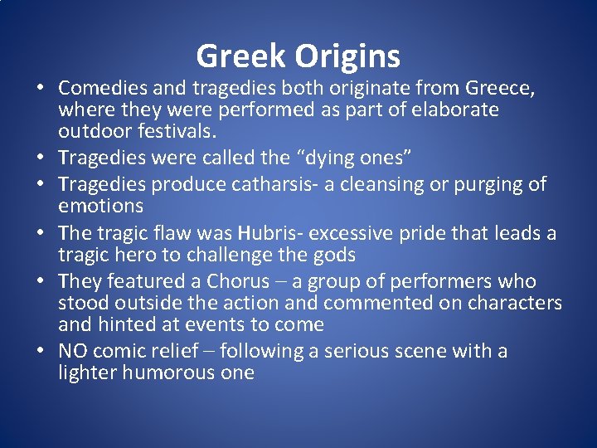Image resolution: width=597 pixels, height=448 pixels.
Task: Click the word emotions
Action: (x=100, y=205)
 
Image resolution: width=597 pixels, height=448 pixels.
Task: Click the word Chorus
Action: (x=238, y=282)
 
